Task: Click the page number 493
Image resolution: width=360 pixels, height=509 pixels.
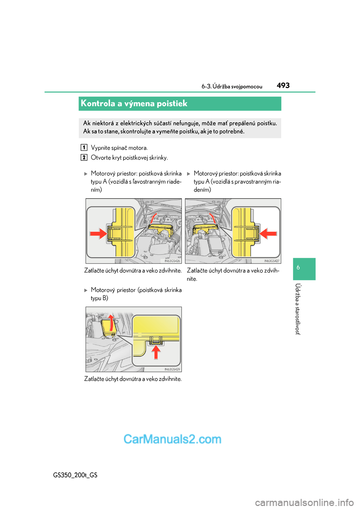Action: [283, 85]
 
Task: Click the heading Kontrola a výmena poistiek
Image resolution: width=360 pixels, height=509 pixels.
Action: [134, 103]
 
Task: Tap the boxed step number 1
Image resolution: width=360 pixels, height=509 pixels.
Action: [84, 148]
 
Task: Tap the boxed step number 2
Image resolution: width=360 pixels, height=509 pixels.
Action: [84, 157]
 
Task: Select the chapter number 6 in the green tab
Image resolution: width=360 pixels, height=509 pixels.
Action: [298, 268]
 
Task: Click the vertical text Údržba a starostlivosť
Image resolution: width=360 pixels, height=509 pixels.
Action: [298, 309]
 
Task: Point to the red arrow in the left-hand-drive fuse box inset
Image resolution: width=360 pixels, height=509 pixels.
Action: [99, 234]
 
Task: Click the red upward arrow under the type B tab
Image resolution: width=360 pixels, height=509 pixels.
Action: [156, 352]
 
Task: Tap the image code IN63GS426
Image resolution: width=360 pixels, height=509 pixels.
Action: [172, 261]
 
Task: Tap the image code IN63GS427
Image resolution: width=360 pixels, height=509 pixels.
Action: [271, 261]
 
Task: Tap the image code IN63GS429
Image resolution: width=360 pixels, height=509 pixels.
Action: [172, 369]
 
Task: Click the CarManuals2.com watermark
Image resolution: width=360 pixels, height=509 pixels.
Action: [172, 439]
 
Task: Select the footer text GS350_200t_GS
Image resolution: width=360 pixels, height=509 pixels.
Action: [75, 475]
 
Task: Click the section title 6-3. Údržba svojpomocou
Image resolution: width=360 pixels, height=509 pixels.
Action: [232, 87]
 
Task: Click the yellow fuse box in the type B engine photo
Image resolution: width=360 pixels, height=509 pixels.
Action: [108, 326]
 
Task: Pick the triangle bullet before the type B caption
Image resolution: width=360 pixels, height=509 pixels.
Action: [86, 290]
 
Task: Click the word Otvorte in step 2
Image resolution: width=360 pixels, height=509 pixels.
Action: [100, 157]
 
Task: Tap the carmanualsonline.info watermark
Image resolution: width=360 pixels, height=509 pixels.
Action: [304, 502]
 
